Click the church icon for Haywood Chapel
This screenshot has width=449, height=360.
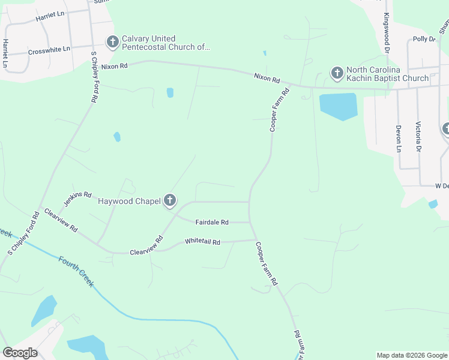click(170, 201)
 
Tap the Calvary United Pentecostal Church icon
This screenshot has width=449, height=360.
click(112, 42)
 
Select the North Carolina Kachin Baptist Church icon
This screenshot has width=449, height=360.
click(337, 73)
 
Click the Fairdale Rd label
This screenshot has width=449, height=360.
click(212, 222)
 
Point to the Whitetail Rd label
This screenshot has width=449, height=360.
click(203, 242)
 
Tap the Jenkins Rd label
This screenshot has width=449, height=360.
click(77, 198)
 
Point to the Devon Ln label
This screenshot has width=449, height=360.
click(397, 137)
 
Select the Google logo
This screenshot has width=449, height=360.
click(20, 353)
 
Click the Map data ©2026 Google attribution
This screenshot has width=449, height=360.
click(411, 355)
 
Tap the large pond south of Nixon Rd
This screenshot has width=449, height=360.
click(339, 106)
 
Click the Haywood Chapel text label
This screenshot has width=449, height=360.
click(129, 202)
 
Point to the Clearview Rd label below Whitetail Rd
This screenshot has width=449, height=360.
click(146, 247)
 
